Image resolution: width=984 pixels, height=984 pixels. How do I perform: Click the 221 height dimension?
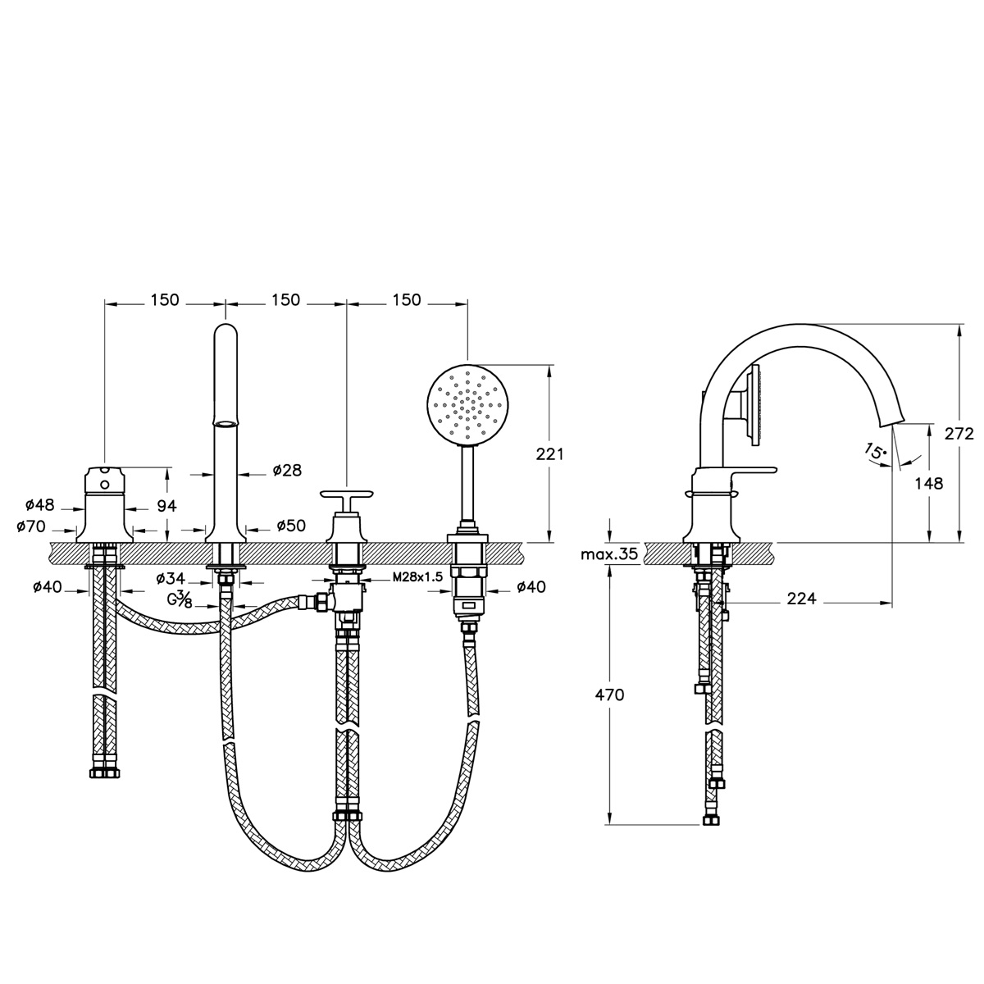[x=549, y=453]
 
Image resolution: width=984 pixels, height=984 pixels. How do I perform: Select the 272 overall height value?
[x=959, y=434]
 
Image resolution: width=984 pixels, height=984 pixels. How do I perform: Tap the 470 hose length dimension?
[x=609, y=695]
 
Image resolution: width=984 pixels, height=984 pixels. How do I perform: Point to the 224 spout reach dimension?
[x=801, y=598]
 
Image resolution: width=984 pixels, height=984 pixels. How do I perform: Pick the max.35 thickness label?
[x=610, y=554]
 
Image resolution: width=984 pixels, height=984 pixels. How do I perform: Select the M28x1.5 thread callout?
[x=417, y=577]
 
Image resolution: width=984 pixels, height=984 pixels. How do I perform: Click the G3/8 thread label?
[x=180, y=600]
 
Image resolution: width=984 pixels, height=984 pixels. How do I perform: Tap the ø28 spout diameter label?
[x=287, y=470]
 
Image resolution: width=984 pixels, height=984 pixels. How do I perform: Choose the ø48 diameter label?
[x=40, y=505]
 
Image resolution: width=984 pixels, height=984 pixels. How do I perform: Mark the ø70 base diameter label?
[x=30, y=526]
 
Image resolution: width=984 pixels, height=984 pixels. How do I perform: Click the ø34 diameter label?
[x=171, y=578]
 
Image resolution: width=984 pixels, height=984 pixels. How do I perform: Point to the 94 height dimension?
[x=166, y=506]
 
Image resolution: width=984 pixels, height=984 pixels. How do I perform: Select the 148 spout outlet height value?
[x=929, y=483]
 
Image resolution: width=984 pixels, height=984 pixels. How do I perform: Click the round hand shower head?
[x=468, y=406]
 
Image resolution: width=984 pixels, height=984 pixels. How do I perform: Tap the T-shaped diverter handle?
[x=347, y=494]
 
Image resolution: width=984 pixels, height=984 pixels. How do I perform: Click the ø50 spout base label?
[x=291, y=525]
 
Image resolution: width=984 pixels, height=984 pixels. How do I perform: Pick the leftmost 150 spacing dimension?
[x=165, y=300]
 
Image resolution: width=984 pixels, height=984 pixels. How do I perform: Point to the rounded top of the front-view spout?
[x=225, y=328]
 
